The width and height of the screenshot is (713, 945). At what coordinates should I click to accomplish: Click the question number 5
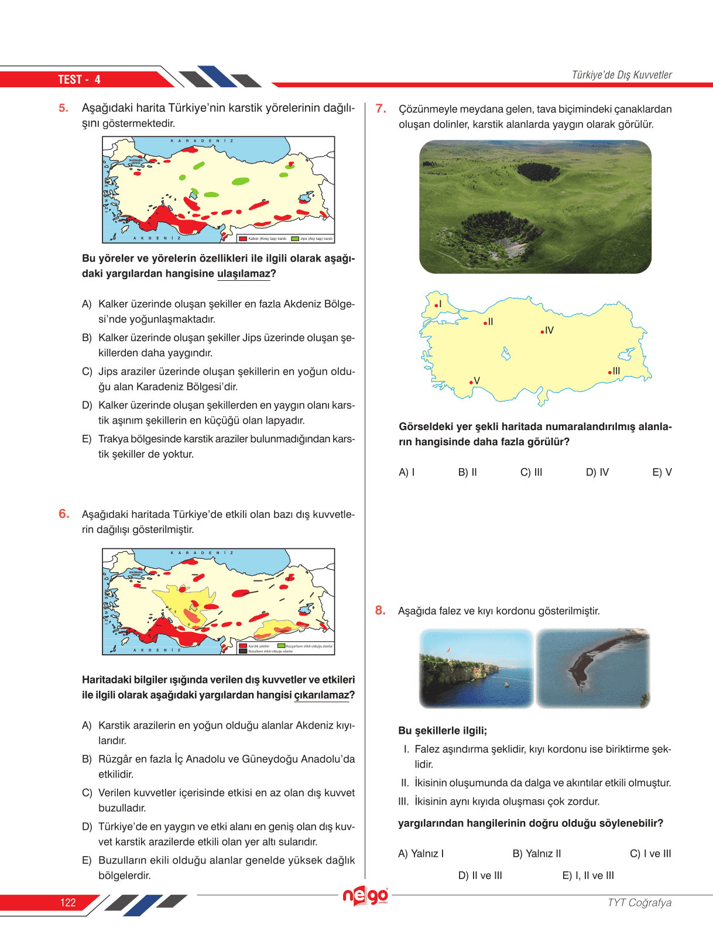point(63,108)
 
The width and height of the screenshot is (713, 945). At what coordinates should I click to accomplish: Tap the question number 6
point(64,514)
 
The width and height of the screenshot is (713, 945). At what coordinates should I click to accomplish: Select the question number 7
point(381,108)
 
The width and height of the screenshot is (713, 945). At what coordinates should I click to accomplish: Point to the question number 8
point(381,610)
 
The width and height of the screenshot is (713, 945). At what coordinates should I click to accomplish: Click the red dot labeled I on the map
point(436,305)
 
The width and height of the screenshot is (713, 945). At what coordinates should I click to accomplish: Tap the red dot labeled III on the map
point(609,372)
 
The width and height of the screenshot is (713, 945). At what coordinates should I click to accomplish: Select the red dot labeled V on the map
point(471,383)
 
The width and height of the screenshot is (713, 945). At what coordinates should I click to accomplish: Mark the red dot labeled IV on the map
point(543,332)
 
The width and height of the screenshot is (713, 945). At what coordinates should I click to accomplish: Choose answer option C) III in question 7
point(531,472)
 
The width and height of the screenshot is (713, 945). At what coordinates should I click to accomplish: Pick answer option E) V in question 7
point(661,472)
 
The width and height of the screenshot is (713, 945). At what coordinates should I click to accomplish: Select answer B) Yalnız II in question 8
point(536,854)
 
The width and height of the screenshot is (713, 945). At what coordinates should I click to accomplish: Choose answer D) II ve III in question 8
point(480,875)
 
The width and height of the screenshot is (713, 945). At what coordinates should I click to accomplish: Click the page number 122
point(68,902)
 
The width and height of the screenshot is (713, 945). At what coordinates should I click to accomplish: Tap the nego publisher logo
point(365,896)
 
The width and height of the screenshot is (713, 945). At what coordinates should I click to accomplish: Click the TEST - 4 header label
point(79,80)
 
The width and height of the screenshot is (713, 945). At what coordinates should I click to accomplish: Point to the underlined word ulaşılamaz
point(244,274)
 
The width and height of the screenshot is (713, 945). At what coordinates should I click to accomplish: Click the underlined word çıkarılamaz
point(321,695)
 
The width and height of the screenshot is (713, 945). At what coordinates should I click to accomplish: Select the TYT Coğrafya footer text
point(639,902)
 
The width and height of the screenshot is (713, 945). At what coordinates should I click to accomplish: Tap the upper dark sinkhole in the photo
point(538,171)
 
